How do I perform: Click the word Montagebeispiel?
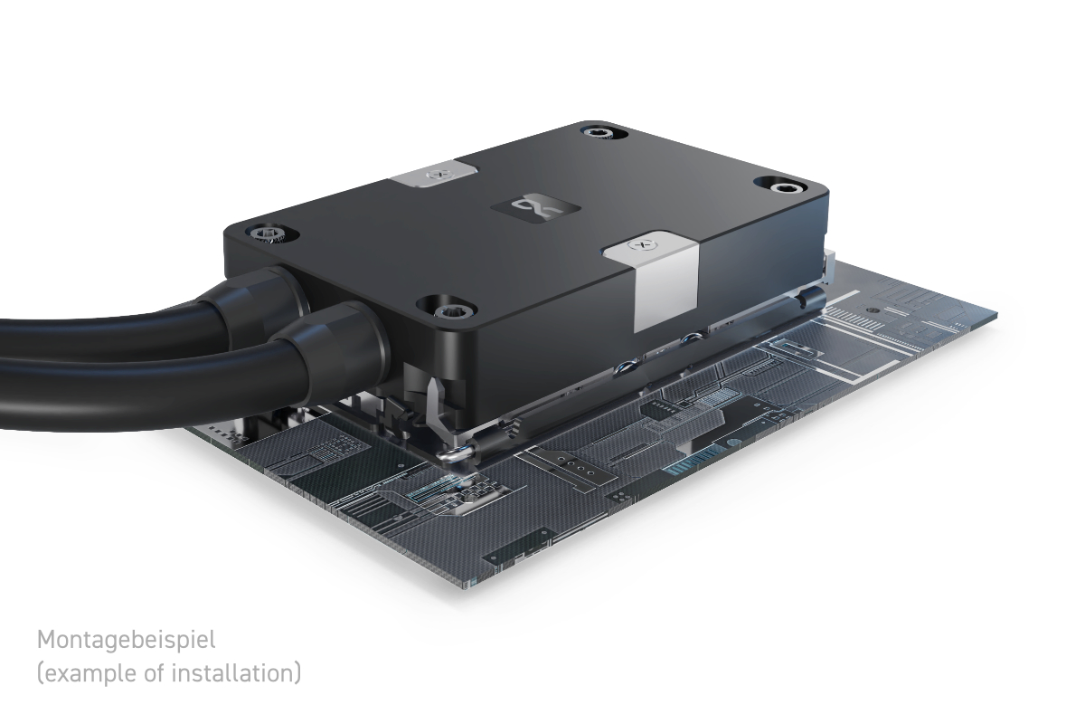click(127, 640)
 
